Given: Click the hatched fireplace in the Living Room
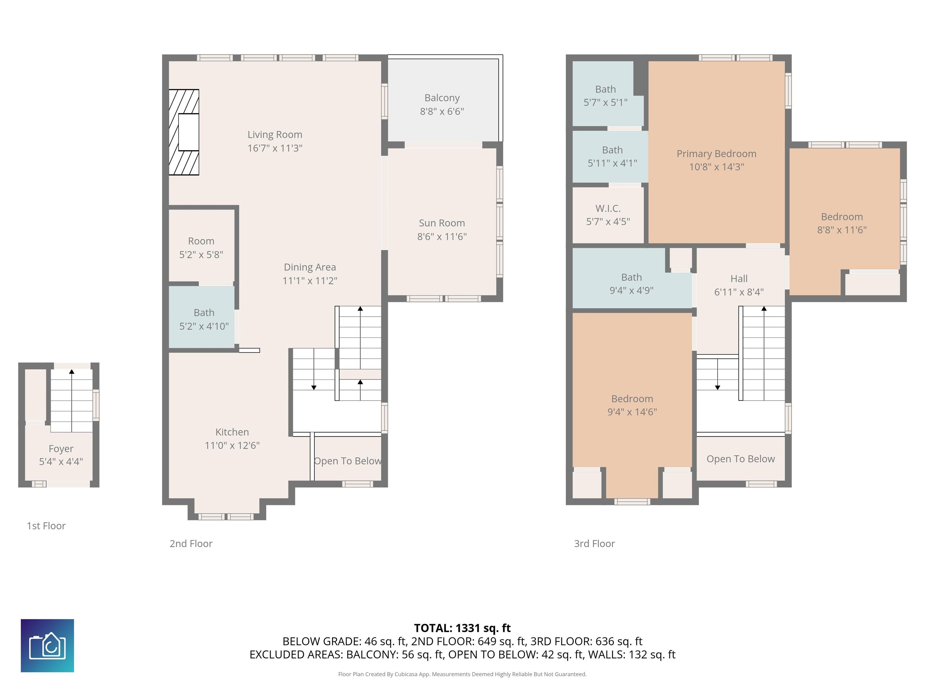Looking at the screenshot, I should (184, 132).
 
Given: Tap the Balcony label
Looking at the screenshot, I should (442, 98).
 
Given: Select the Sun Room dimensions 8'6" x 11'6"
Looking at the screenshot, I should (442, 237).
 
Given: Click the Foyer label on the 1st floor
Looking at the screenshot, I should (61, 449).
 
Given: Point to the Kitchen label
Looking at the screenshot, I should (232, 432).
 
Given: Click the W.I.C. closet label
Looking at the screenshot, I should (608, 208).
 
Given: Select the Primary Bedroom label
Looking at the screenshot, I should (716, 154).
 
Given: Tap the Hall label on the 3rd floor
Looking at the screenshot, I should (739, 279).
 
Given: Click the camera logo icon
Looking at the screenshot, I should (47, 645).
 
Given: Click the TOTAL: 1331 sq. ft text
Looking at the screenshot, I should (462, 628).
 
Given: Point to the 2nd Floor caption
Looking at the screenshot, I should (191, 544).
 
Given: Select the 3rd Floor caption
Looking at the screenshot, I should (594, 544).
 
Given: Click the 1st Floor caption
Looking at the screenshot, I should (46, 526).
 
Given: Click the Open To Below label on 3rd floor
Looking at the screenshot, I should (741, 459).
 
